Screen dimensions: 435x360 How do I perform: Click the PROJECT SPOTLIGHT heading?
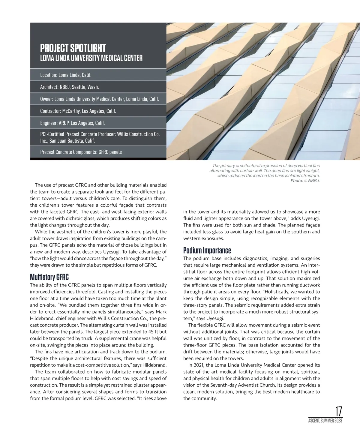(73, 48)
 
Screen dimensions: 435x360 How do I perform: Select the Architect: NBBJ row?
(70, 87)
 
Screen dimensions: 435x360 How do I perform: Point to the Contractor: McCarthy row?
(78, 111)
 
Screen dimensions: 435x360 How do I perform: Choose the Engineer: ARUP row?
(72, 123)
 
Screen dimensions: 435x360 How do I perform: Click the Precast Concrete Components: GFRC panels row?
(81, 152)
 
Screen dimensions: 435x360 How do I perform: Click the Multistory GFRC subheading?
(49, 277)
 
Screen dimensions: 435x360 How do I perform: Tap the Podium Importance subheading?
(207, 250)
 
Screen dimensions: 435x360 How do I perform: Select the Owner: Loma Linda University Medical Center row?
(99, 99)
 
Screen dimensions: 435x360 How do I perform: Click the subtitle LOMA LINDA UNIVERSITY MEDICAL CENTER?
(91, 58)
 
